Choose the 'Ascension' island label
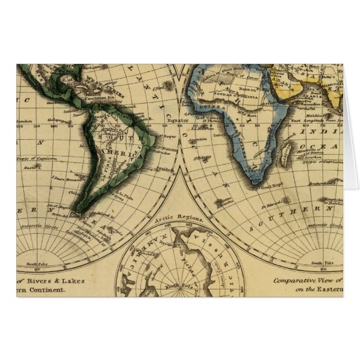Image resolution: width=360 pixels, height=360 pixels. click(197, 140)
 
